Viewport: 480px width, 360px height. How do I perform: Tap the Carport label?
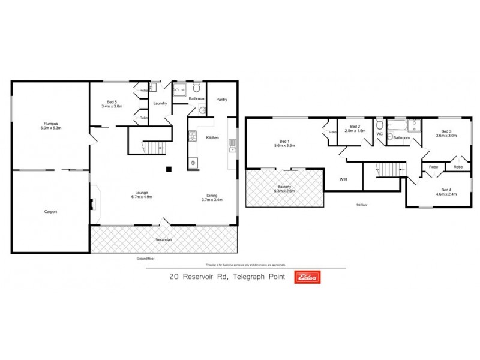[50, 211]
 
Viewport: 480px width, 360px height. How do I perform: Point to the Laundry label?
[160, 103]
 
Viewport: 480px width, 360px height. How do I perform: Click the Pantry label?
[221, 100]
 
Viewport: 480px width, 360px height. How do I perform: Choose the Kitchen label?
[213, 137]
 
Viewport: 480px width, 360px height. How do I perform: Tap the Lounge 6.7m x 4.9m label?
[142, 194]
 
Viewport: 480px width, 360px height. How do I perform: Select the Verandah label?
[164, 240]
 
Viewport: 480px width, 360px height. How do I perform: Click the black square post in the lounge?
[169, 169]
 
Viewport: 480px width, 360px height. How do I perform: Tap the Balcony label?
[284, 188]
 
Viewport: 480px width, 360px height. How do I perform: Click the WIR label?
[344, 179]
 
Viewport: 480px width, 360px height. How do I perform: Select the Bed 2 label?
[355, 128]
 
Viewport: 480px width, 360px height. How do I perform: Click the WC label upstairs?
[379, 134]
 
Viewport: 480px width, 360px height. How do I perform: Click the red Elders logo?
[306, 277]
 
